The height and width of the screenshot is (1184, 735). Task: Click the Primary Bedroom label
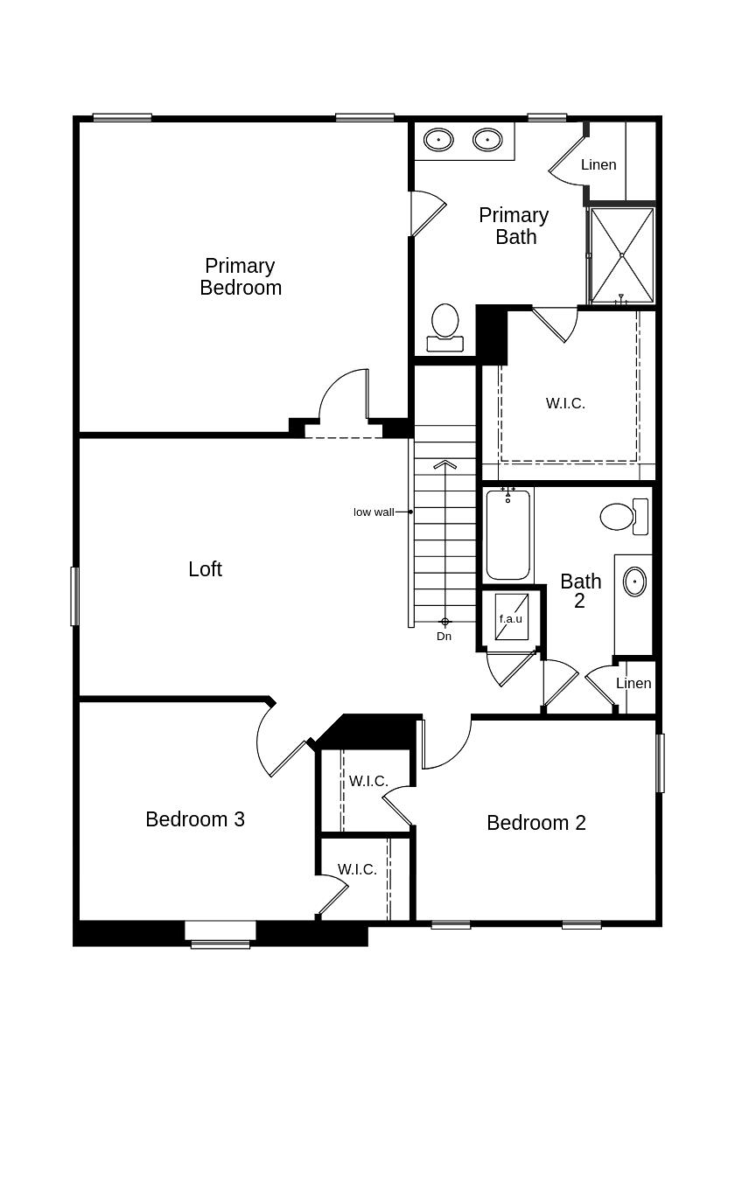tap(241, 276)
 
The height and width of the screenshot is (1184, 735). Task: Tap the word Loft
tap(205, 569)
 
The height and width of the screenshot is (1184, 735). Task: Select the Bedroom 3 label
tap(195, 819)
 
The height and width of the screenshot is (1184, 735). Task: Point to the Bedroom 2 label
tap(536, 823)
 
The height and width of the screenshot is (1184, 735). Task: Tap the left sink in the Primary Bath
tap(438, 140)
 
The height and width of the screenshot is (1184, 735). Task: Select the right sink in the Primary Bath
tap(487, 140)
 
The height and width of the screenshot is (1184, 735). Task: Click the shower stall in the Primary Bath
tap(622, 254)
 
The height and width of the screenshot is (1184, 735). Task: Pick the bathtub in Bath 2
tap(507, 536)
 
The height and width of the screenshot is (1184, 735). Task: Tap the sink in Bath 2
tap(634, 582)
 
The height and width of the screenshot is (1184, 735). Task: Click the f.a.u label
tap(511, 618)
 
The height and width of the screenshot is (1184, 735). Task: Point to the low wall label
tap(374, 512)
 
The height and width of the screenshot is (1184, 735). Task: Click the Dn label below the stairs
tap(444, 637)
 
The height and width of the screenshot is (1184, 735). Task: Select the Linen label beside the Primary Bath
tap(598, 164)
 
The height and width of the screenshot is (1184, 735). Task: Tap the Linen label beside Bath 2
tap(633, 684)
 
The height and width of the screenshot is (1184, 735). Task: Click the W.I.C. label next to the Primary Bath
tap(565, 403)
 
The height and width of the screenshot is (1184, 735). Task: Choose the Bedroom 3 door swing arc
tap(262, 743)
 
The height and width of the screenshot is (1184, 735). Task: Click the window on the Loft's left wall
tap(74, 596)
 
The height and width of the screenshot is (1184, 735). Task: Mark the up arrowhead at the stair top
tap(445, 464)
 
